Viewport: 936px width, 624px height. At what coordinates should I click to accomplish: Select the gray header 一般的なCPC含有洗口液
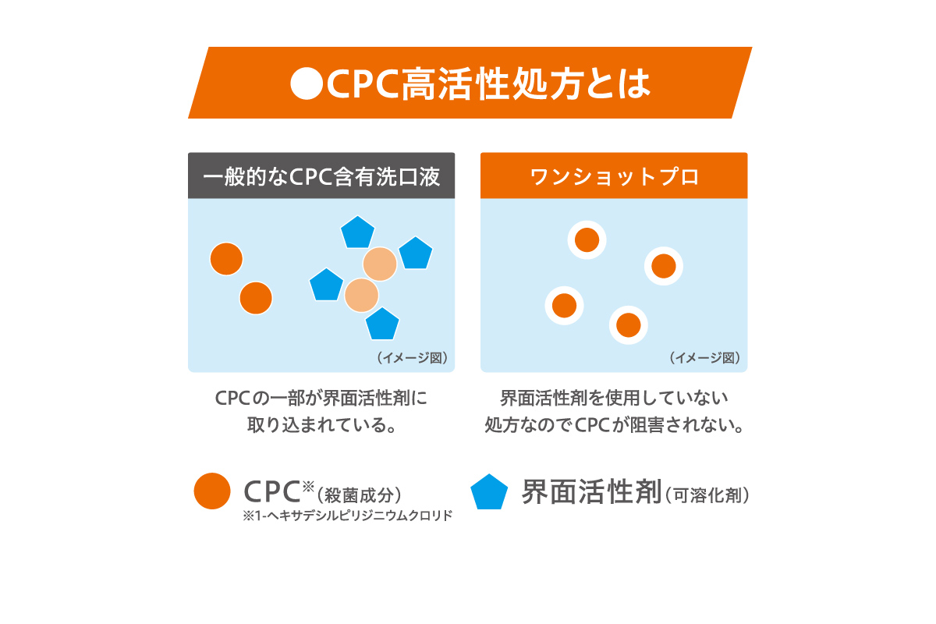[321, 176]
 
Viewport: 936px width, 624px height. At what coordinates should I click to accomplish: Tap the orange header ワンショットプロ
[614, 176]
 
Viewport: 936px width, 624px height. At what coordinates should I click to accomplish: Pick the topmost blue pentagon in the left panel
[358, 232]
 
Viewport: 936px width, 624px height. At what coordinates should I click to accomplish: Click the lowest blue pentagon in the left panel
[382, 324]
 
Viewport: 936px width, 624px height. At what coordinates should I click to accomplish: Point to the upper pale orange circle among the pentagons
[380, 264]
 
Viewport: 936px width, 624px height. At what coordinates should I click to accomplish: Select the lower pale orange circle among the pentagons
[361, 295]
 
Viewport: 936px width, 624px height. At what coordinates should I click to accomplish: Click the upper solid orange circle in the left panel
[226, 259]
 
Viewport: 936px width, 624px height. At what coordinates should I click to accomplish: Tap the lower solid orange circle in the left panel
[256, 298]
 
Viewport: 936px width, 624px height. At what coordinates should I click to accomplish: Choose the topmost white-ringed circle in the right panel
[587, 240]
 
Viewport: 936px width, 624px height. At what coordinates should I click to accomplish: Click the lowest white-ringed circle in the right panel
[629, 324]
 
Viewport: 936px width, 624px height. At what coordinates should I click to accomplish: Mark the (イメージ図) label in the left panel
[412, 358]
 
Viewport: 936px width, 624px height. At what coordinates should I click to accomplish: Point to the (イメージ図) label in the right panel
[704, 358]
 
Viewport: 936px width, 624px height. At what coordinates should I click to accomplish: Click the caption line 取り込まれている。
[321, 426]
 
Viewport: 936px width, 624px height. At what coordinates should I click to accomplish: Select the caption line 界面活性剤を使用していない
[614, 399]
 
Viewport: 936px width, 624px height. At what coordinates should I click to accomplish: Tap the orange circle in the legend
[212, 491]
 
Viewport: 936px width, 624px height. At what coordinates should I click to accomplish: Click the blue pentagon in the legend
[490, 492]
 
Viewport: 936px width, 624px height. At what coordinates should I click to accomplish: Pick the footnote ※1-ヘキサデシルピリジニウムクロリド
[348, 516]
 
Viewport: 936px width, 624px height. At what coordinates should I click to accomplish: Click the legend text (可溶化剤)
[708, 495]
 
